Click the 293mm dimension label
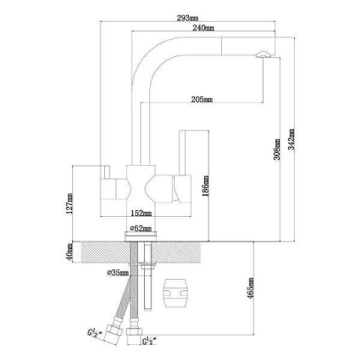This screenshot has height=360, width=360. coord(187,18)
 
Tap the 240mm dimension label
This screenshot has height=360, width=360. coord(203,28)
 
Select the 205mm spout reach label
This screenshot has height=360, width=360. coord(202,99)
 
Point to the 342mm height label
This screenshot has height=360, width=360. coord(291,139)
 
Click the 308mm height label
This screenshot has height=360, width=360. coord(277,149)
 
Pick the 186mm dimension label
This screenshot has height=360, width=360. coord(205,186)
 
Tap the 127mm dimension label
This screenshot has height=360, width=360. coord(69,203)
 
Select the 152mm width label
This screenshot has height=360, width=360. coord(141,213)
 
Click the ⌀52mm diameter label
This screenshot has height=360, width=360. coord(141,228)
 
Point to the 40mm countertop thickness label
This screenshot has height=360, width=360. coord(70,251)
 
